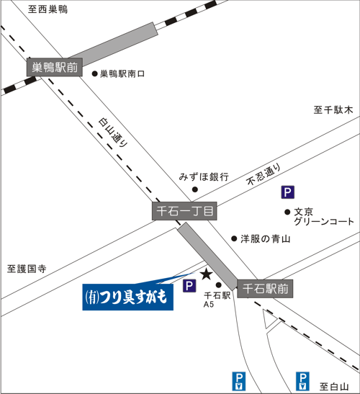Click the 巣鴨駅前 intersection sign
tap(55, 67)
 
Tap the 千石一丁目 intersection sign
tap(184, 211)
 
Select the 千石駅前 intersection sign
tap(265, 289)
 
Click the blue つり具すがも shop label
tap(128, 297)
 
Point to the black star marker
tap(207, 274)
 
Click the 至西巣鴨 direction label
tap(48, 9)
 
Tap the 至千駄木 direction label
tap(333, 109)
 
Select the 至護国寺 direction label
tap(27, 269)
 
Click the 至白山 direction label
tap(334, 387)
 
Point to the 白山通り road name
tap(113, 133)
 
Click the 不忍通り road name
tap(264, 174)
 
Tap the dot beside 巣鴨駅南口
tap(94, 73)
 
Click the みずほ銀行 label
tap(204, 177)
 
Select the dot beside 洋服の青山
tap(234, 238)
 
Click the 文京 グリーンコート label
tap(324, 217)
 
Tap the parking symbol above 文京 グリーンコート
tap(288, 192)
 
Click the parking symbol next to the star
tap(189, 286)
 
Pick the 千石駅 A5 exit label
tap(217, 300)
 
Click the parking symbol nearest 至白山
tap(302, 382)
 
